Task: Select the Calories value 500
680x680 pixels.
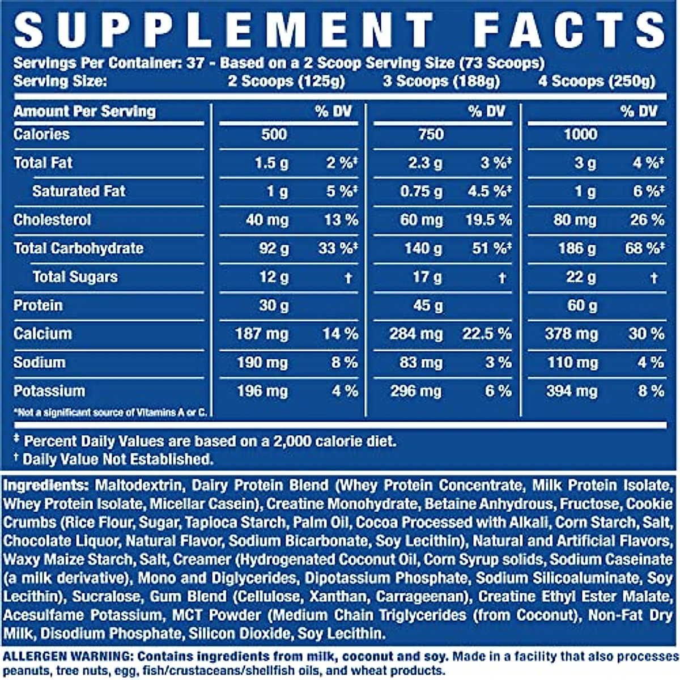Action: (274, 134)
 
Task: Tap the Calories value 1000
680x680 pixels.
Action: (580, 134)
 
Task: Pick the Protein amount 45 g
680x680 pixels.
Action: (428, 305)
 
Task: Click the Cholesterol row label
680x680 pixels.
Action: (52, 220)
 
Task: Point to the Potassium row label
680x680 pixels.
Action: (49, 391)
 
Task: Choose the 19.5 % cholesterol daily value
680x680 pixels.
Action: (488, 220)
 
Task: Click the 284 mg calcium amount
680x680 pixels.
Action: (416, 334)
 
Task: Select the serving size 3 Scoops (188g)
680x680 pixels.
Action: (441, 81)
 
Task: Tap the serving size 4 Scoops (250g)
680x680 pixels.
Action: (597, 81)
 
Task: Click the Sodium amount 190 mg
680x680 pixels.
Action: (262, 363)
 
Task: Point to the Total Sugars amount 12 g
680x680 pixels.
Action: (274, 277)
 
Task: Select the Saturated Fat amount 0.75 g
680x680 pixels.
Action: (421, 192)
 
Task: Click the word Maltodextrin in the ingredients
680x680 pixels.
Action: (138, 486)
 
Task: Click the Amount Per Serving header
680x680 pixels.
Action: (84, 111)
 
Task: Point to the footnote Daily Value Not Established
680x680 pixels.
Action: (117, 459)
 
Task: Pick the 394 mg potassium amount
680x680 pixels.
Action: (571, 391)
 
